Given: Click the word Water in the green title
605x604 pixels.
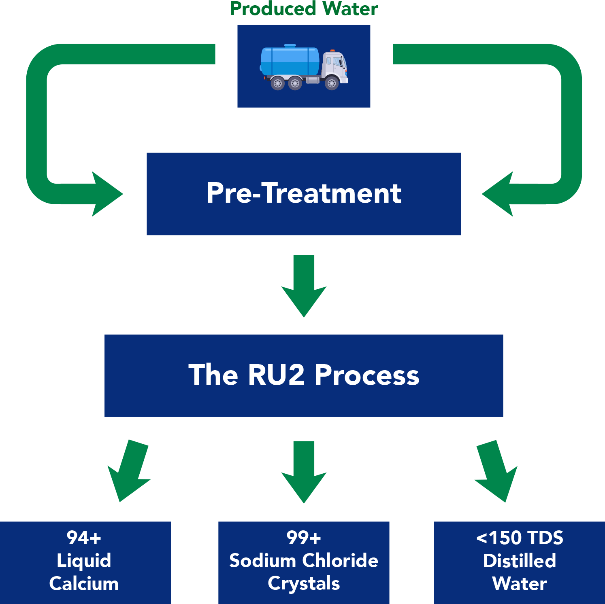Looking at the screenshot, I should [x=351, y=9].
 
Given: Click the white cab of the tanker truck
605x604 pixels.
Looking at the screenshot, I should [x=335, y=67].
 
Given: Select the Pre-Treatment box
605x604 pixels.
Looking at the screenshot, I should [x=304, y=194].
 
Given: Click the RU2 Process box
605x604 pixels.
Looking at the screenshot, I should [x=304, y=375].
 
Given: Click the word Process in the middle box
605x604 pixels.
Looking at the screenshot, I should [x=367, y=375].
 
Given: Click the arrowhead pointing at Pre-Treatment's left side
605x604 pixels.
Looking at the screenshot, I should [x=105, y=194].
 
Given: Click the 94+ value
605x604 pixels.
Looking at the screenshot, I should [x=84, y=538].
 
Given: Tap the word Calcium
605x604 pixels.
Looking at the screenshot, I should [x=84, y=584].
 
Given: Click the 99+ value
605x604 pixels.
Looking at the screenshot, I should [x=304, y=538].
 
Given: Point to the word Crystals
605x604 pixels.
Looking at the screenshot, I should [x=304, y=584].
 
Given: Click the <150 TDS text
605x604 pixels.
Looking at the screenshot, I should [x=520, y=538].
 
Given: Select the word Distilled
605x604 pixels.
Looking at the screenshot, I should [x=520, y=561].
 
